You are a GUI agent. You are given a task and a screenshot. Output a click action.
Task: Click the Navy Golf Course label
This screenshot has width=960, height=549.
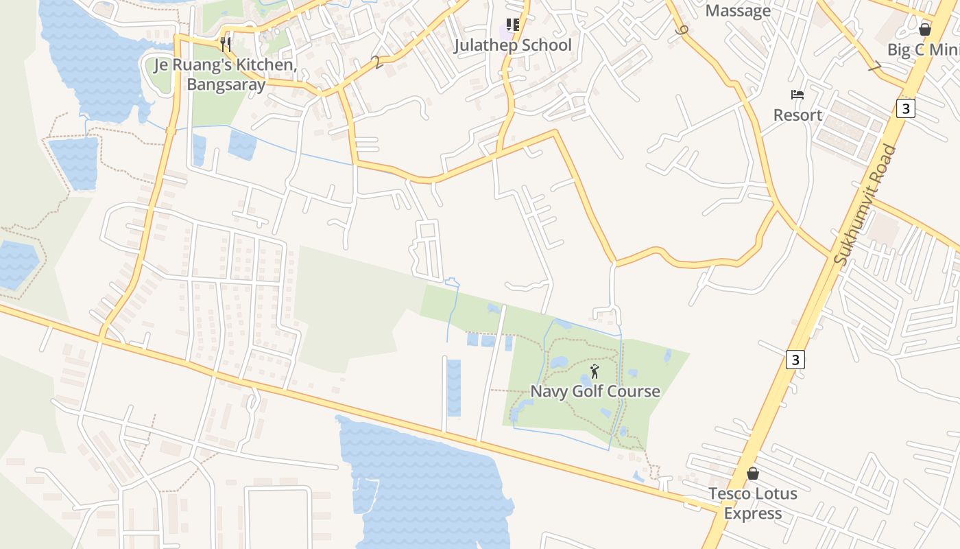pyautogui.click(x=595, y=392)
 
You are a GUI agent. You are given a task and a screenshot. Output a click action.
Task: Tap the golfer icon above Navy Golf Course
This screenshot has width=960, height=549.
pyautogui.click(x=595, y=372)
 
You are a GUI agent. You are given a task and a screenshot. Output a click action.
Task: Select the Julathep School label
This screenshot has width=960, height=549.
pyautogui.click(x=513, y=45)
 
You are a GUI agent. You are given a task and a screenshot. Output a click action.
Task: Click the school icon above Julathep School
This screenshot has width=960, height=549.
pyautogui.click(x=513, y=25)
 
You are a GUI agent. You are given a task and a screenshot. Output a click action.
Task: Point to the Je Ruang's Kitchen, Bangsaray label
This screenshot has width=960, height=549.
pyautogui.click(x=226, y=75)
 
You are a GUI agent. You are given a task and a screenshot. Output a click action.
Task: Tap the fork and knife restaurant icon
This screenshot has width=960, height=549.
pyautogui.click(x=226, y=45)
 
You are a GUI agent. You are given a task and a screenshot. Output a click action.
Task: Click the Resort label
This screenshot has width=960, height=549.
pyautogui.click(x=797, y=115)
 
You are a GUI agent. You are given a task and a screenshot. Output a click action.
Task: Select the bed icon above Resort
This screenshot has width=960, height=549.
pyautogui.click(x=797, y=95)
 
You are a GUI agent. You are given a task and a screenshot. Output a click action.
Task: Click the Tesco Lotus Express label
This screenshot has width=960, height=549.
pyautogui.click(x=753, y=503)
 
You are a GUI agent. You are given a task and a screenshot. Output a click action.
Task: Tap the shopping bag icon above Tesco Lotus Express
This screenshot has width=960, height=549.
pyautogui.click(x=753, y=474)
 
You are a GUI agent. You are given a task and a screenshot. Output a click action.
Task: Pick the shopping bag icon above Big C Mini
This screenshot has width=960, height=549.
pyautogui.click(x=925, y=30)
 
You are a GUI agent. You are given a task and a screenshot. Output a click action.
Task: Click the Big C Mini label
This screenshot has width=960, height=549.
pyautogui.click(x=923, y=49)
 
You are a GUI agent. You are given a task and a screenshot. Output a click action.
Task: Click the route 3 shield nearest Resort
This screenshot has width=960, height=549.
pyautogui.click(x=905, y=108)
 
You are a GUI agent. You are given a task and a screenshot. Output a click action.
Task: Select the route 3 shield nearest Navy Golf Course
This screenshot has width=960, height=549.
pyautogui.click(x=795, y=359)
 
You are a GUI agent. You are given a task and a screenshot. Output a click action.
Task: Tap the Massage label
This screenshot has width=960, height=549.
pyautogui.click(x=738, y=11)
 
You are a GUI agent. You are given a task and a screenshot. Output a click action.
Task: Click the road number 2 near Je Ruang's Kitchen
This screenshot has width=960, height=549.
pyautogui.click(x=376, y=62)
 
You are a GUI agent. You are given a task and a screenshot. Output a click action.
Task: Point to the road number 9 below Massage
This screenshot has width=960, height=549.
pyautogui.click(x=680, y=31)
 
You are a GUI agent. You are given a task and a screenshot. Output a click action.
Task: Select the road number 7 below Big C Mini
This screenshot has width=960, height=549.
pyautogui.click(x=874, y=67)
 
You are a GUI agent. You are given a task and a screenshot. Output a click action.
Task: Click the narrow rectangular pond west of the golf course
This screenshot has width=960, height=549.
pyautogui.click(x=454, y=388)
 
